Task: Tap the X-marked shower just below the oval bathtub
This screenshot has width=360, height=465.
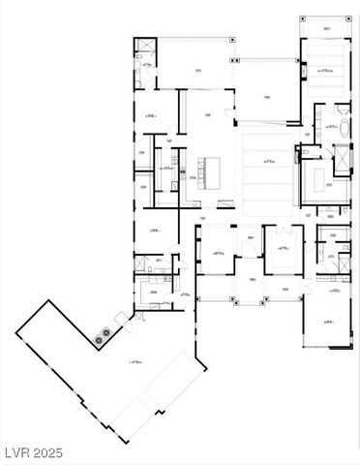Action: tap(341, 157)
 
